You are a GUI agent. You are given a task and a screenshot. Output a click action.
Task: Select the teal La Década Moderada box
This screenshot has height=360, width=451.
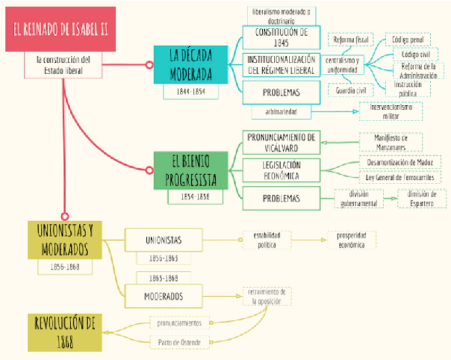(x=190, y=65)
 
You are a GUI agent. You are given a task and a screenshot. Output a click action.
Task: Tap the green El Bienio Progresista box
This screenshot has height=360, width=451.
(x=190, y=171)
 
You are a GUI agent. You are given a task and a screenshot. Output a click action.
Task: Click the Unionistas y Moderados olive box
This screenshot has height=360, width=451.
(x=65, y=240)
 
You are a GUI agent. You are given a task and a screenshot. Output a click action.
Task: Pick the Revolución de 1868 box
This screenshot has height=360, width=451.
(x=65, y=332)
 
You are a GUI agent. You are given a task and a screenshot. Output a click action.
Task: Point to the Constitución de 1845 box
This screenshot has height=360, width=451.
(x=281, y=37)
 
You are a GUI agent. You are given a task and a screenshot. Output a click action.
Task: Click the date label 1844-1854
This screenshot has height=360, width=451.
(x=190, y=91)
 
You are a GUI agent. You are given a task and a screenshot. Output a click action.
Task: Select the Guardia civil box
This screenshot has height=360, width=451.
(x=350, y=90)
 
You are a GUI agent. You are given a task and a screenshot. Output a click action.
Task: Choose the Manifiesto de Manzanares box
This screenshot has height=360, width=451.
(x=390, y=141)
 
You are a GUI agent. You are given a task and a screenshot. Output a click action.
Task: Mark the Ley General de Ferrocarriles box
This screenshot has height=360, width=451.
(x=400, y=177)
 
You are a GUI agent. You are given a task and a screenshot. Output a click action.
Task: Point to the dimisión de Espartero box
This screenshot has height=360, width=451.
(x=422, y=198)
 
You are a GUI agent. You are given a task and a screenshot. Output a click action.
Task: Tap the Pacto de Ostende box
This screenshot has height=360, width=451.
(x=179, y=342)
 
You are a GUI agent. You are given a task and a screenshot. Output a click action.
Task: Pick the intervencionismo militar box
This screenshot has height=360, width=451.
(x=390, y=111)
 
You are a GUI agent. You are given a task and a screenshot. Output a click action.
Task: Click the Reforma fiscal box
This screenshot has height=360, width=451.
(x=350, y=40)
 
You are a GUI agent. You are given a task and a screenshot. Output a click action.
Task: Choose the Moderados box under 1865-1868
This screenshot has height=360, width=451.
(x=163, y=296)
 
